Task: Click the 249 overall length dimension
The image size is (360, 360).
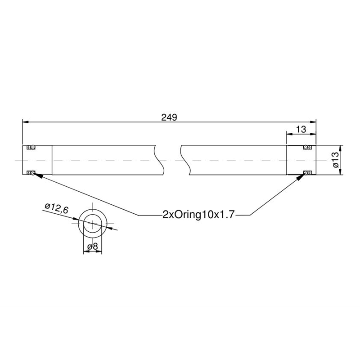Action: (169, 117)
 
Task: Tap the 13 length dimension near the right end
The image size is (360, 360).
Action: (301, 130)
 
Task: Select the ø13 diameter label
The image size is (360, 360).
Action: (335, 160)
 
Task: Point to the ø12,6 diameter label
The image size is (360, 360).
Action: (57, 208)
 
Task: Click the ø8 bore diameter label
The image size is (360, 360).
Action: (93, 247)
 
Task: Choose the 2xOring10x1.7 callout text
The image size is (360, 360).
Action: (198, 215)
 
